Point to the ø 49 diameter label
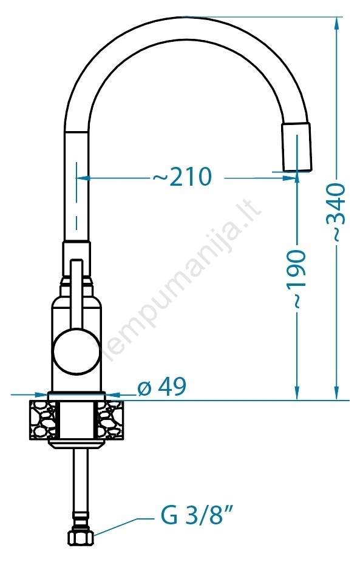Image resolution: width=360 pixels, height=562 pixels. [x=163, y=387]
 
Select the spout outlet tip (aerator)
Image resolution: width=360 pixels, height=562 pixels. [x=296, y=147]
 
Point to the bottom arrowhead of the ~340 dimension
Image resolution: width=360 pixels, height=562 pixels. [x=336, y=392]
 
